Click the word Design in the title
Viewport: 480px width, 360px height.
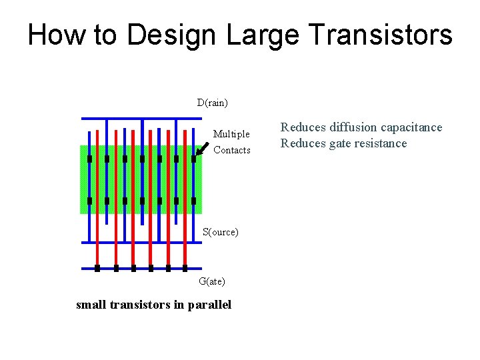pyautogui.click(x=173, y=35)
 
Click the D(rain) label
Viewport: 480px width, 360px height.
pyautogui.click(x=212, y=103)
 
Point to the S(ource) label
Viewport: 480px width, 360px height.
pyautogui.click(x=220, y=232)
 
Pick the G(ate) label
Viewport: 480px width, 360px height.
pyautogui.click(x=212, y=281)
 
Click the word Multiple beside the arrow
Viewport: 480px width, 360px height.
pyautogui.click(x=231, y=134)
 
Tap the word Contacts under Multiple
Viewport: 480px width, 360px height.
pyautogui.click(x=232, y=150)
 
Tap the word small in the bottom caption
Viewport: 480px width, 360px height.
pyautogui.click(x=91, y=305)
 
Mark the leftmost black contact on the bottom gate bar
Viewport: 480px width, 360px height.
pyautogui.click(x=97, y=269)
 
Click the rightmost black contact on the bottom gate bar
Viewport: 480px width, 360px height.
pyautogui.click(x=185, y=269)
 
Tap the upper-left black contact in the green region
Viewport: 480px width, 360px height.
pyautogui.click(x=89, y=159)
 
